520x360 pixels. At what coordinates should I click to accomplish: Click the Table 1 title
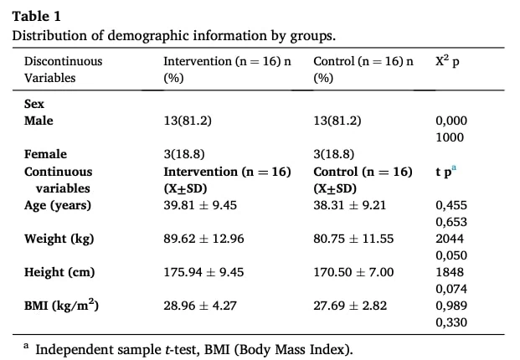coord(37,16)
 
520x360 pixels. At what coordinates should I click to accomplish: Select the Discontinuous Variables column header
coord(64,69)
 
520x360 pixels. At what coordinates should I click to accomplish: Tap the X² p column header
coord(447,61)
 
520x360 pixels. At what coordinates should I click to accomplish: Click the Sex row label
coord(34,104)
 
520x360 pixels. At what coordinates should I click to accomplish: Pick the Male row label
coord(39,121)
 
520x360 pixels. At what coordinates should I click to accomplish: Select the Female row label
coord(45,154)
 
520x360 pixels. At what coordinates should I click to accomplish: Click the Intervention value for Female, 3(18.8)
coord(184,154)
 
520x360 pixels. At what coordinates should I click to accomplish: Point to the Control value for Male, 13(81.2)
coord(337,121)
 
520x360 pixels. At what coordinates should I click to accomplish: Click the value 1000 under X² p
coord(450,137)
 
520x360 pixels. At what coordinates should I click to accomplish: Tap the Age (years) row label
coord(58,205)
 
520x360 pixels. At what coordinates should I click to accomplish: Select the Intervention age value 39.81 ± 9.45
coord(200,205)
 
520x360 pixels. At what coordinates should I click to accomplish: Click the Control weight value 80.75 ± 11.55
coord(353,239)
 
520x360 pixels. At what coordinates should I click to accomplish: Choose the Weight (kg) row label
coord(59,239)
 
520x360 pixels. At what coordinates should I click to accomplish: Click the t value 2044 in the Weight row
coord(450,239)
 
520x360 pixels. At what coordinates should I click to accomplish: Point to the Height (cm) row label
coord(59,272)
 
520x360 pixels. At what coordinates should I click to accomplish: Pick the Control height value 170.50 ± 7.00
coord(353,272)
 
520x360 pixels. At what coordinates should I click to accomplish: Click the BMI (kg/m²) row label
coord(61,306)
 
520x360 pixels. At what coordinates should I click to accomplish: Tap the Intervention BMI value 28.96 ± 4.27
coord(200,306)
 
